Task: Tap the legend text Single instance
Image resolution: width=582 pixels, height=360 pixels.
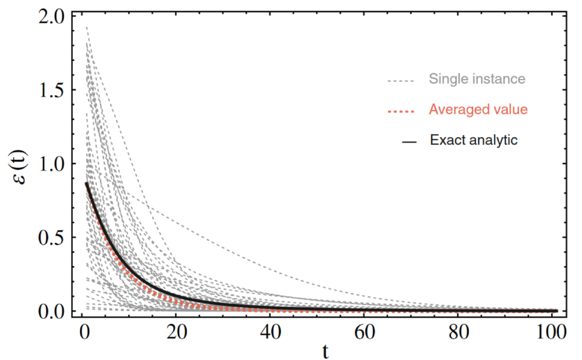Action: pos(477,79)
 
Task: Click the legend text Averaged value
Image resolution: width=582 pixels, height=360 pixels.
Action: pos(478,109)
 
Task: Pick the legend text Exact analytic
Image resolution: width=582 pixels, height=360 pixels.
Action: pos(474,141)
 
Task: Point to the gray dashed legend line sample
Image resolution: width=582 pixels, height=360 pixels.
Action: pos(400,81)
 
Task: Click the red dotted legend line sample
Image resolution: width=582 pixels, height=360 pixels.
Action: pos(400,112)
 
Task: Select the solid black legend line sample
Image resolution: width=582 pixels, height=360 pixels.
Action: pos(409,142)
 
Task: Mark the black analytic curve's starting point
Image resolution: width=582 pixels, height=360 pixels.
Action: pos(86,183)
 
